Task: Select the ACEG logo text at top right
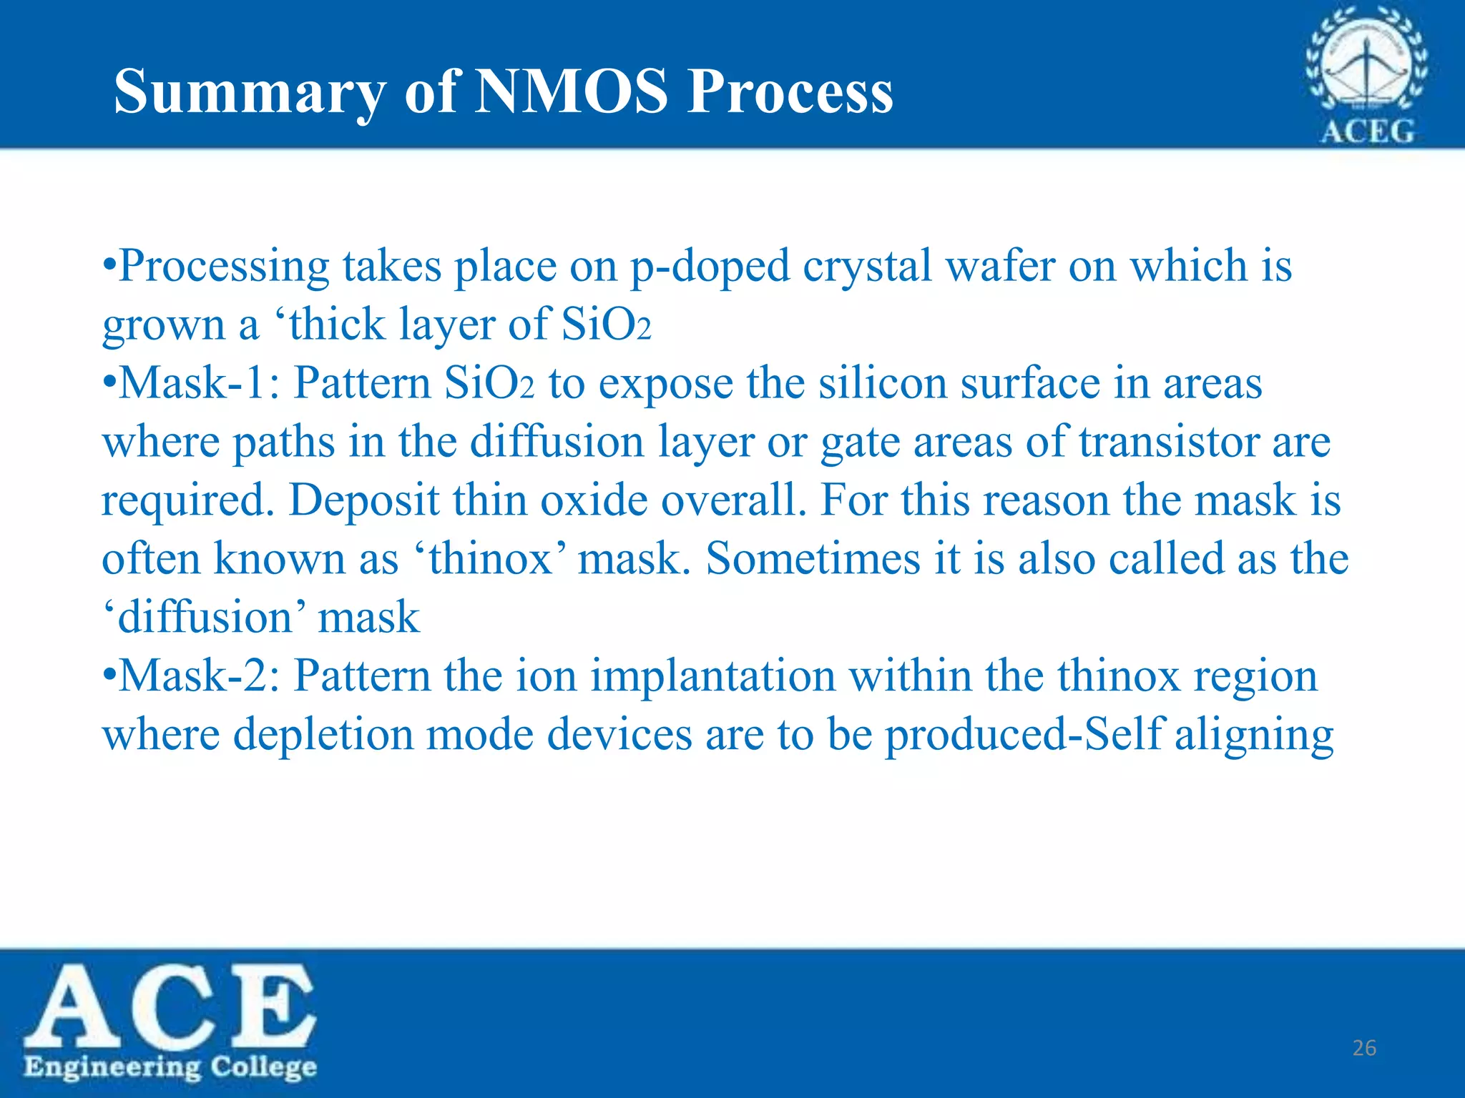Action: [x=1366, y=132]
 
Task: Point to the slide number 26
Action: [x=1364, y=1048]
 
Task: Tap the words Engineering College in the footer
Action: [x=170, y=1067]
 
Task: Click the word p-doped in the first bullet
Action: [x=709, y=267]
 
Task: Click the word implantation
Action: [x=712, y=676]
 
